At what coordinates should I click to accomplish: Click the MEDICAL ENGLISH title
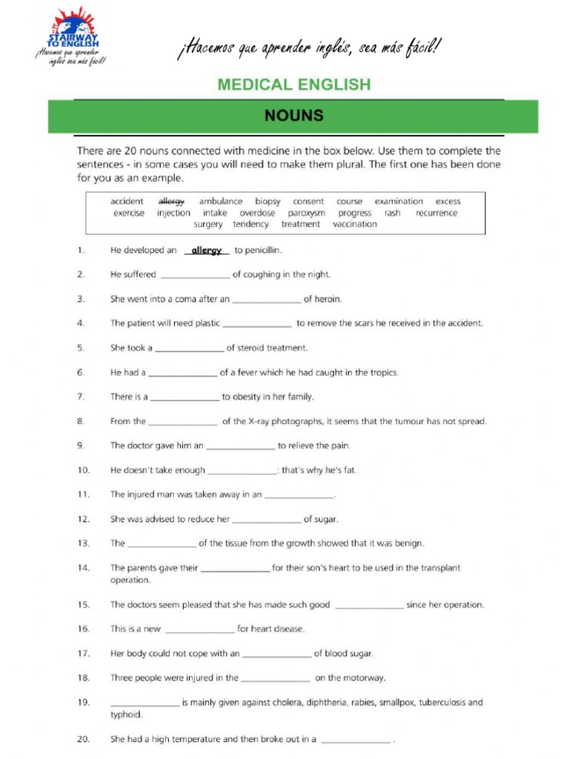(x=293, y=84)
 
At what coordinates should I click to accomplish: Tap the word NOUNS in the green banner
(x=293, y=116)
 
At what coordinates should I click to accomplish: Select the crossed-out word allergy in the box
(x=172, y=201)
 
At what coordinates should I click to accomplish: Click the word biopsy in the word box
(x=268, y=201)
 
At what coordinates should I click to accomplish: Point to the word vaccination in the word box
(x=355, y=224)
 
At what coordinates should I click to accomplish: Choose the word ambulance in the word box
(x=221, y=201)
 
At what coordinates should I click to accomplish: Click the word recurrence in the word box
(x=436, y=213)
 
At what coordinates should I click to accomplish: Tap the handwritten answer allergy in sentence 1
(x=207, y=251)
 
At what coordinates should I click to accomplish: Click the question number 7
(x=81, y=397)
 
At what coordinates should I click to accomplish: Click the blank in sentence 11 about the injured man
(x=299, y=495)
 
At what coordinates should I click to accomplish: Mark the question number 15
(x=83, y=605)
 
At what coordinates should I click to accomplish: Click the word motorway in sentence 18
(x=365, y=677)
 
